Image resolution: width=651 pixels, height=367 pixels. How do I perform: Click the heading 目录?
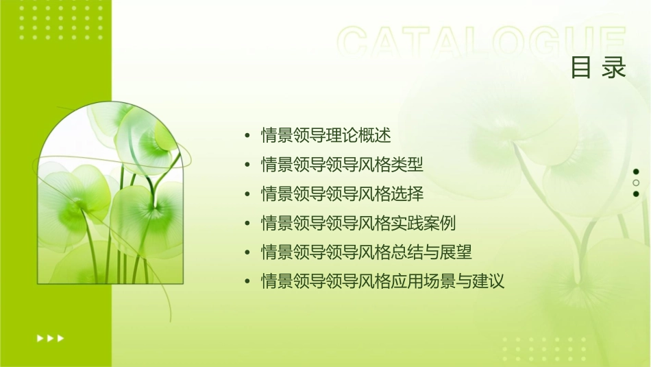click(598, 68)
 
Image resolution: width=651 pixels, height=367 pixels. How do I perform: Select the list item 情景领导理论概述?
click(326, 135)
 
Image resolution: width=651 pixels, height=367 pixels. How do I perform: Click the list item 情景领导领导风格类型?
click(342, 165)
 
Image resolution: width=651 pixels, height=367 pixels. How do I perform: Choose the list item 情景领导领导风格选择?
click(342, 194)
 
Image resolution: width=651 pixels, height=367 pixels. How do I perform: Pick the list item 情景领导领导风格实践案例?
click(358, 223)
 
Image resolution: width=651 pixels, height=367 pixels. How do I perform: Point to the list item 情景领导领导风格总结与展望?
click(367, 252)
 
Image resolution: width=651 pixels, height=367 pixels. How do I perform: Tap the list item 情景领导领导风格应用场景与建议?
click(382, 281)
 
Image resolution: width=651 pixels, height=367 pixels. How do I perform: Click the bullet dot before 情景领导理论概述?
click(247, 136)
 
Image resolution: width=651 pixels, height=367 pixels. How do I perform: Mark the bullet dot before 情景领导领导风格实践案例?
click(247, 224)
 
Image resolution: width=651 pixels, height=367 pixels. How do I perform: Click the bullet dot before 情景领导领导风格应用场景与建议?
click(247, 282)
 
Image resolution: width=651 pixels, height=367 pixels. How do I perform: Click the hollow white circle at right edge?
click(636, 182)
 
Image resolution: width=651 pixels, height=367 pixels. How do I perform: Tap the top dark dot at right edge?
click(636, 171)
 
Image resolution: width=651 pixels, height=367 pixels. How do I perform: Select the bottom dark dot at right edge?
click(636, 193)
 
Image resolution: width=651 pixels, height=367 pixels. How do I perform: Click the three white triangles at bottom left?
click(50, 338)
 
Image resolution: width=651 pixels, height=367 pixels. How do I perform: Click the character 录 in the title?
click(615, 68)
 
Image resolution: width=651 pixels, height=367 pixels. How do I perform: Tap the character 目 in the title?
click(581, 68)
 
